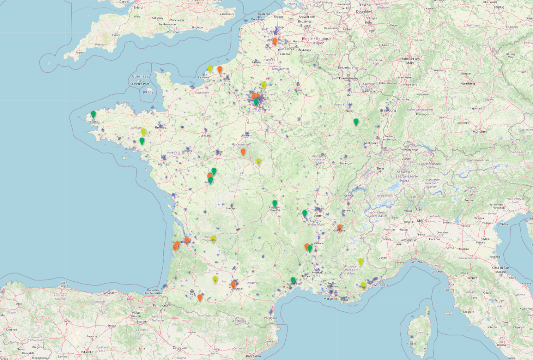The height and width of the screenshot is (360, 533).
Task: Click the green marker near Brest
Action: point(93,114)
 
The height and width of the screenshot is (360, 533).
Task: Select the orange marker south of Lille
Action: point(275,41)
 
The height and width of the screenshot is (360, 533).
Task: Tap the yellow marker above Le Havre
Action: point(210,68)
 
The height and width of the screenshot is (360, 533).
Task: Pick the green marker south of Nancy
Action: point(356,122)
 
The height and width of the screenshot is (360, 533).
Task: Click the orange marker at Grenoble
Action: point(339,228)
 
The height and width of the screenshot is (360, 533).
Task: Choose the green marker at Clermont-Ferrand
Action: point(275,203)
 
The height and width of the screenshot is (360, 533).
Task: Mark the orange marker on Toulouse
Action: point(233,284)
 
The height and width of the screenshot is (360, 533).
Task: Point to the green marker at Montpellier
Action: point(293,280)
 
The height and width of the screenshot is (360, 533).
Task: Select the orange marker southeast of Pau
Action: point(200,298)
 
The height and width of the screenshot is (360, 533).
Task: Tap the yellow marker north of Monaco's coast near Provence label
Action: point(361,262)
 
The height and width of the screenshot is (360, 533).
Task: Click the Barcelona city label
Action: point(253,356)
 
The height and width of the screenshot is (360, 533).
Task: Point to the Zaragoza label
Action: point(180,348)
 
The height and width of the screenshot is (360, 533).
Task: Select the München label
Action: point(479,132)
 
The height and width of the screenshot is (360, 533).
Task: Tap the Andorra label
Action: point(239,321)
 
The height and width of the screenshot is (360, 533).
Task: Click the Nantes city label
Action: point(163,164)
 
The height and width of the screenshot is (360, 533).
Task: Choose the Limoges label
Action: point(231,208)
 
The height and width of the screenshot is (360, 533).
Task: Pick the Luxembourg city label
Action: point(348,78)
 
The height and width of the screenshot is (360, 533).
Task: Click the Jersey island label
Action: point(148,92)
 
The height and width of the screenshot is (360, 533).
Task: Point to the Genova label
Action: point(416,262)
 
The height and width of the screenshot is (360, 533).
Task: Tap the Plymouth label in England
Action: point(101,44)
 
